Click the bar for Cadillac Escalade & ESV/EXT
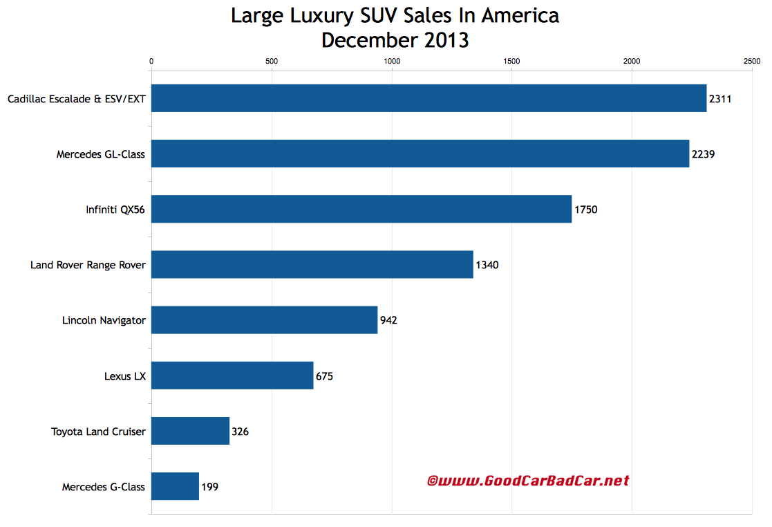[429, 98]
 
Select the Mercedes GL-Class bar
[420, 154]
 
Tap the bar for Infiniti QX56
[361, 209]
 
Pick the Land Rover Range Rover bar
[312, 264]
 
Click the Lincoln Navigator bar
[264, 320]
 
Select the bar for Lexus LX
[232, 376]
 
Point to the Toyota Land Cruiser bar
[190, 431]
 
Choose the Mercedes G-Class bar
[175, 486]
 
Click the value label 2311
[720, 99]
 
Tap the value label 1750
[586, 210]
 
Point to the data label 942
[388, 320]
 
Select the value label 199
[210, 487]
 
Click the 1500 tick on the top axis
[511, 62]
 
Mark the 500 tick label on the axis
[272, 62]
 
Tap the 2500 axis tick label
[751, 62]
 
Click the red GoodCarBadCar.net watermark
[528, 480]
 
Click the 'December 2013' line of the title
[395, 40]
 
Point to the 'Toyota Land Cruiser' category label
[98, 432]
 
